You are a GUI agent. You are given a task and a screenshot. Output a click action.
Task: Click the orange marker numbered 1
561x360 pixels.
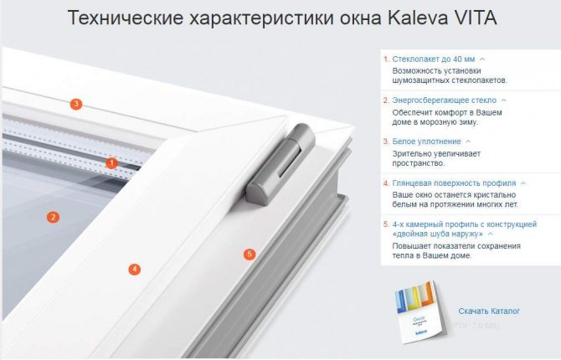tap(111, 163)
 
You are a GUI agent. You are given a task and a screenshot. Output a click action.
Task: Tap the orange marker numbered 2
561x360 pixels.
tap(54, 217)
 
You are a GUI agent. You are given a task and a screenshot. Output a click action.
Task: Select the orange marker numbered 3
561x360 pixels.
tap(76, 104)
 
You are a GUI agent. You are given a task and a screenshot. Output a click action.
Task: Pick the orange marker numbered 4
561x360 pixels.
tap(135, 269)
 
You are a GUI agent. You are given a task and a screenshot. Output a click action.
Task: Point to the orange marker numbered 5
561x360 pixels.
tap(250, 255)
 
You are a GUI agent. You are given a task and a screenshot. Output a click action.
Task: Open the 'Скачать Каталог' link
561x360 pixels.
tap(489, 311)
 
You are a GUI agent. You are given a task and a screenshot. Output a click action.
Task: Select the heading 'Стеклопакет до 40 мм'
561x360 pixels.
tap(434, 59)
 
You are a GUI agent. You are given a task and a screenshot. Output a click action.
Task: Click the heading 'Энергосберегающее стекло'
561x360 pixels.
tap(445, 100)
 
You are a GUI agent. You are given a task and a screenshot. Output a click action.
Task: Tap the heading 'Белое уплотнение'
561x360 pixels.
tap(426, 141)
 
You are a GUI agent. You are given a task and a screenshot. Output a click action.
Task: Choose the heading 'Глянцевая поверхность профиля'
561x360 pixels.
tap(454, 183)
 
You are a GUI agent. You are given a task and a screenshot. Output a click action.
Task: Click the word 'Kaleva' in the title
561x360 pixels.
tap(418, 18)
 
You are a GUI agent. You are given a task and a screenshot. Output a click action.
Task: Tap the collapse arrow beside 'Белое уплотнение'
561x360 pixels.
tap(468, 141)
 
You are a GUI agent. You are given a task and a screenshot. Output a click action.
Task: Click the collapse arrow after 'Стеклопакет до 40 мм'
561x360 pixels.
tap(482, 59)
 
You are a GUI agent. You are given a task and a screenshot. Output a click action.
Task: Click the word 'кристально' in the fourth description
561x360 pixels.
tap(495, 195)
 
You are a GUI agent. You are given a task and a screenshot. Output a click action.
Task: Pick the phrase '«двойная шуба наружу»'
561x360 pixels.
tap(438, 234)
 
